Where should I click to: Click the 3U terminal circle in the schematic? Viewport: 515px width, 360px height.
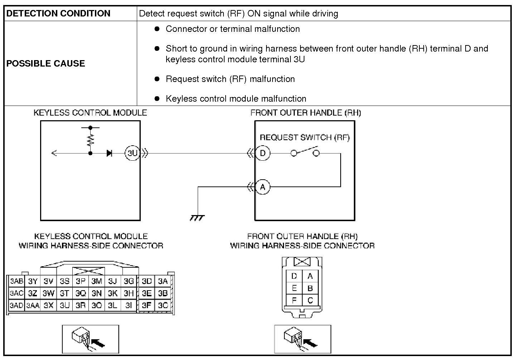[132, 153]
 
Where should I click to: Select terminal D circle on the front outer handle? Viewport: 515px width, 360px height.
[263, 153]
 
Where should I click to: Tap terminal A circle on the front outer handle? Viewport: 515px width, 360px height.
[263, 187]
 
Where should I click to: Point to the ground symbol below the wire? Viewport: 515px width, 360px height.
[197, 217]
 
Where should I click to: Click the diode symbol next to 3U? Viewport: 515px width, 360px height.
[109, 153]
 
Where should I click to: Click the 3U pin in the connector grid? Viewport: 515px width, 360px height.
[64, 305]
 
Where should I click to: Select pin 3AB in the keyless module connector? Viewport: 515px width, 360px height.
[16, 281]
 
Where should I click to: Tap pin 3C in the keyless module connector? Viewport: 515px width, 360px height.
[163, 305]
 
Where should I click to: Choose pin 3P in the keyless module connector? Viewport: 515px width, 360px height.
[81, 281]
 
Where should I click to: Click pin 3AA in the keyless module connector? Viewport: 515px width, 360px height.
[33, 306]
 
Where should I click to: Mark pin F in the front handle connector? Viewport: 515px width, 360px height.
[294, 300]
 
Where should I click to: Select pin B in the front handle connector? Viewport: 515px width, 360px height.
[310, 288]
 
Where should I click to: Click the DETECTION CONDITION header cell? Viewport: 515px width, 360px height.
[58, 14]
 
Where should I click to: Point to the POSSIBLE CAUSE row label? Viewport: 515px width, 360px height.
[46, 63]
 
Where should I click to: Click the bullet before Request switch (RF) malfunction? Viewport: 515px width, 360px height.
[157, 79]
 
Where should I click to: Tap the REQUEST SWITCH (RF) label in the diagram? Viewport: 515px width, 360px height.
[304, 137]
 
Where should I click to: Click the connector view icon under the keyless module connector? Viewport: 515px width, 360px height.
[91, 339]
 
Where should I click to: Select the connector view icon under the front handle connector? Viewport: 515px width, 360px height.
[303, 339]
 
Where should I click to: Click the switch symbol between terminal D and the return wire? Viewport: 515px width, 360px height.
[305, 152]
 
